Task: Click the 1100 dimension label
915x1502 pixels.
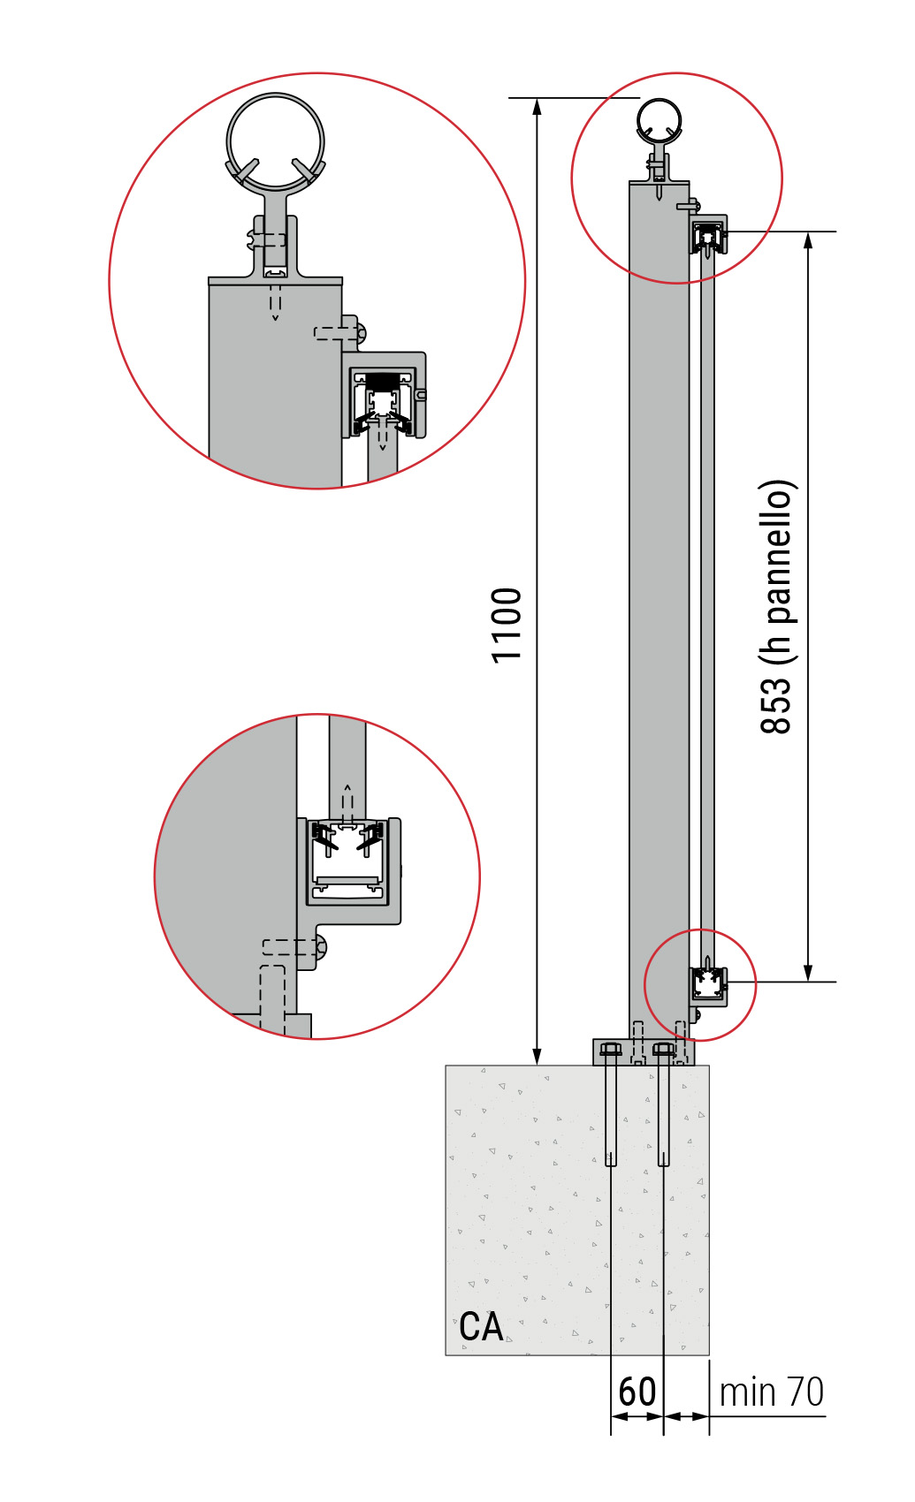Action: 507,626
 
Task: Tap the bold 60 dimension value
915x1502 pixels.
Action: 637,1392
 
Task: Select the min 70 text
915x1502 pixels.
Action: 772,1392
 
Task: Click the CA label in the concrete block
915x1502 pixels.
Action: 481,1326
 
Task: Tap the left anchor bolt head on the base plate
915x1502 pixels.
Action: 610,1050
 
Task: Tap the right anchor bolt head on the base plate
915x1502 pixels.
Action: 663,1050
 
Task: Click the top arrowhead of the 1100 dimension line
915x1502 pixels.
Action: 537,106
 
